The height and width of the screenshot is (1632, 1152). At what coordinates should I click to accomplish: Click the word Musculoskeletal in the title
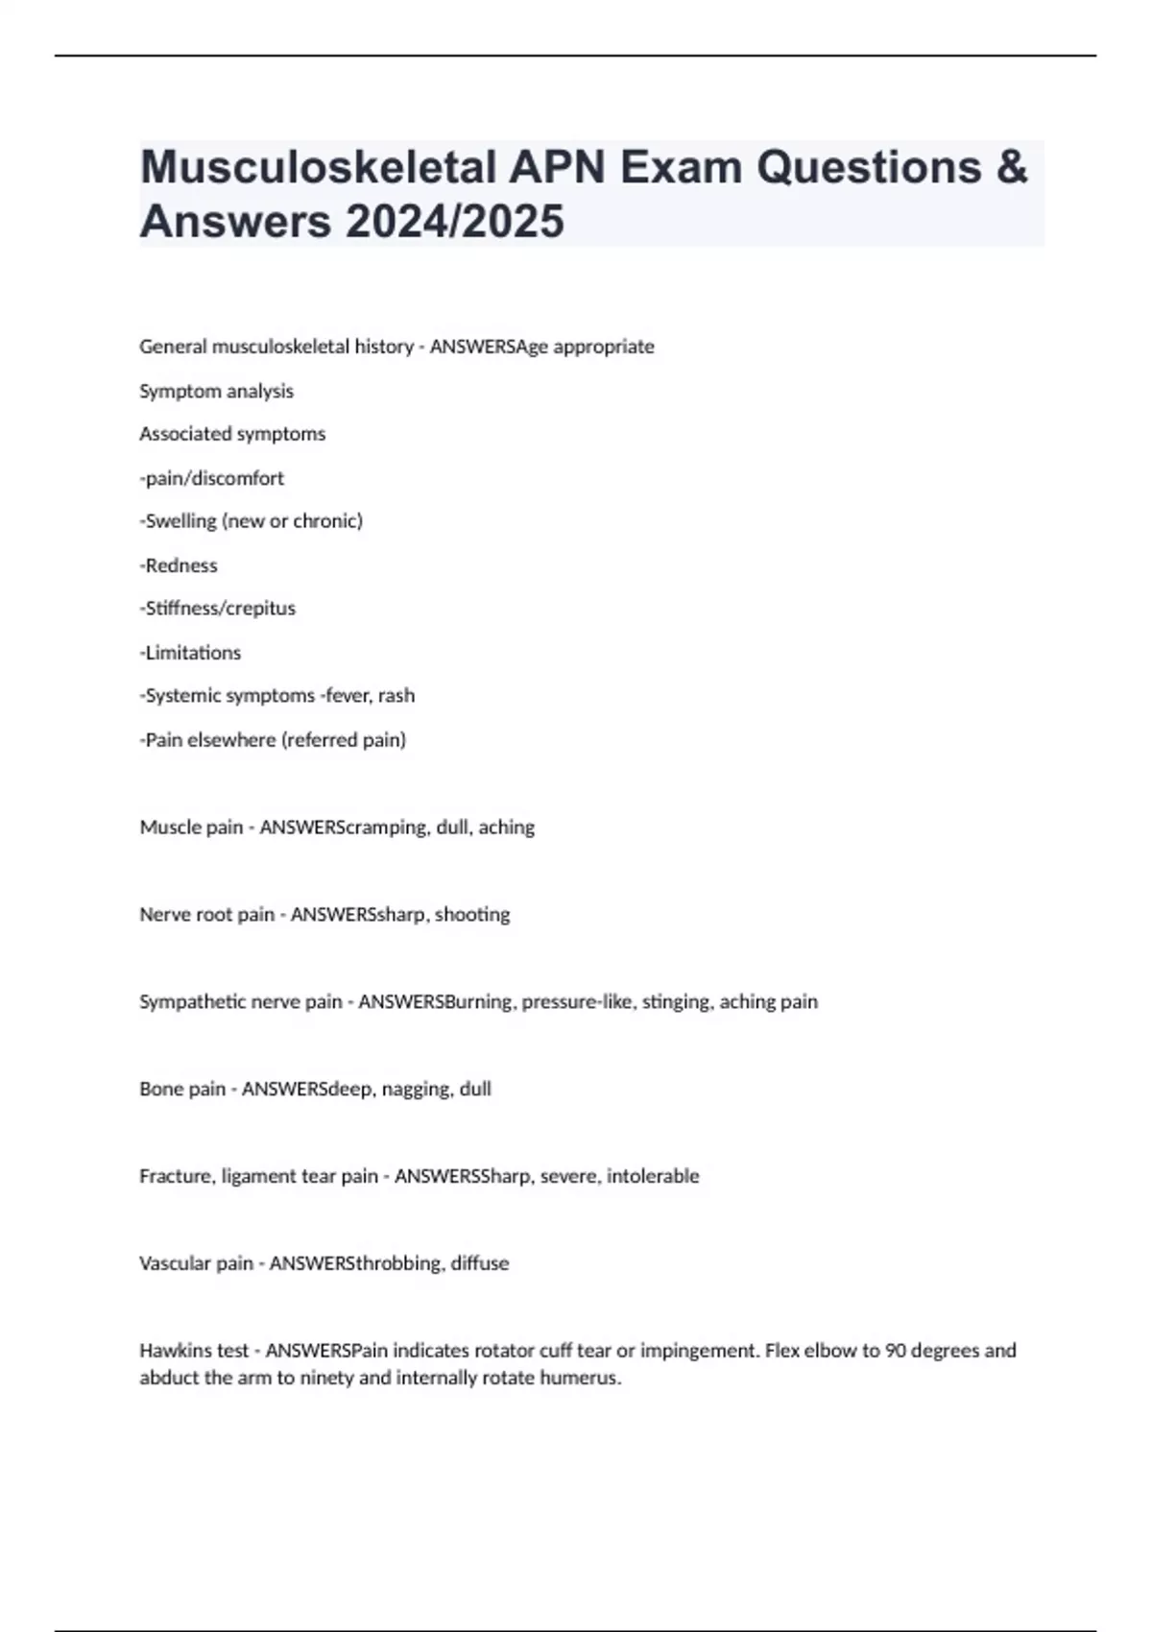(x=317, y=168)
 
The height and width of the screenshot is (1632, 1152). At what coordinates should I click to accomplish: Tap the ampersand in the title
(x=1011, y=168)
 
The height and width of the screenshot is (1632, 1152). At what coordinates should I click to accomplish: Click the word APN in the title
(x=557, y=168)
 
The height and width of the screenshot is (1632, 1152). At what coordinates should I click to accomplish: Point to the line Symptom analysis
(x=216, y=391)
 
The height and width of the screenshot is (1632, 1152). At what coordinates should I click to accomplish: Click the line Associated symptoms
(x=232, y=434)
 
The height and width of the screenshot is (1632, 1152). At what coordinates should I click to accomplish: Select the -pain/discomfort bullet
(x=212, y=478)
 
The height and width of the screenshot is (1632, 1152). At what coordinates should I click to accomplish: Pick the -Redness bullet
(x=179, y=565)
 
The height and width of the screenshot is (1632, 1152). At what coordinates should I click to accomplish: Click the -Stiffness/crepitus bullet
(x=218, y=609)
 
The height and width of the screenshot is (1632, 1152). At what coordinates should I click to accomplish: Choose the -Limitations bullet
(x=190, y=653)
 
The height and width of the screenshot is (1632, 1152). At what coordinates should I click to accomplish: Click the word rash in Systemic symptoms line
(x=396, y=696)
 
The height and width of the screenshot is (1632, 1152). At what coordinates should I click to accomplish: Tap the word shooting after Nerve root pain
(x=472, y=915)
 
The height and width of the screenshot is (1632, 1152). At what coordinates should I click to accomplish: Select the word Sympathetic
(x=193, y=1002)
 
